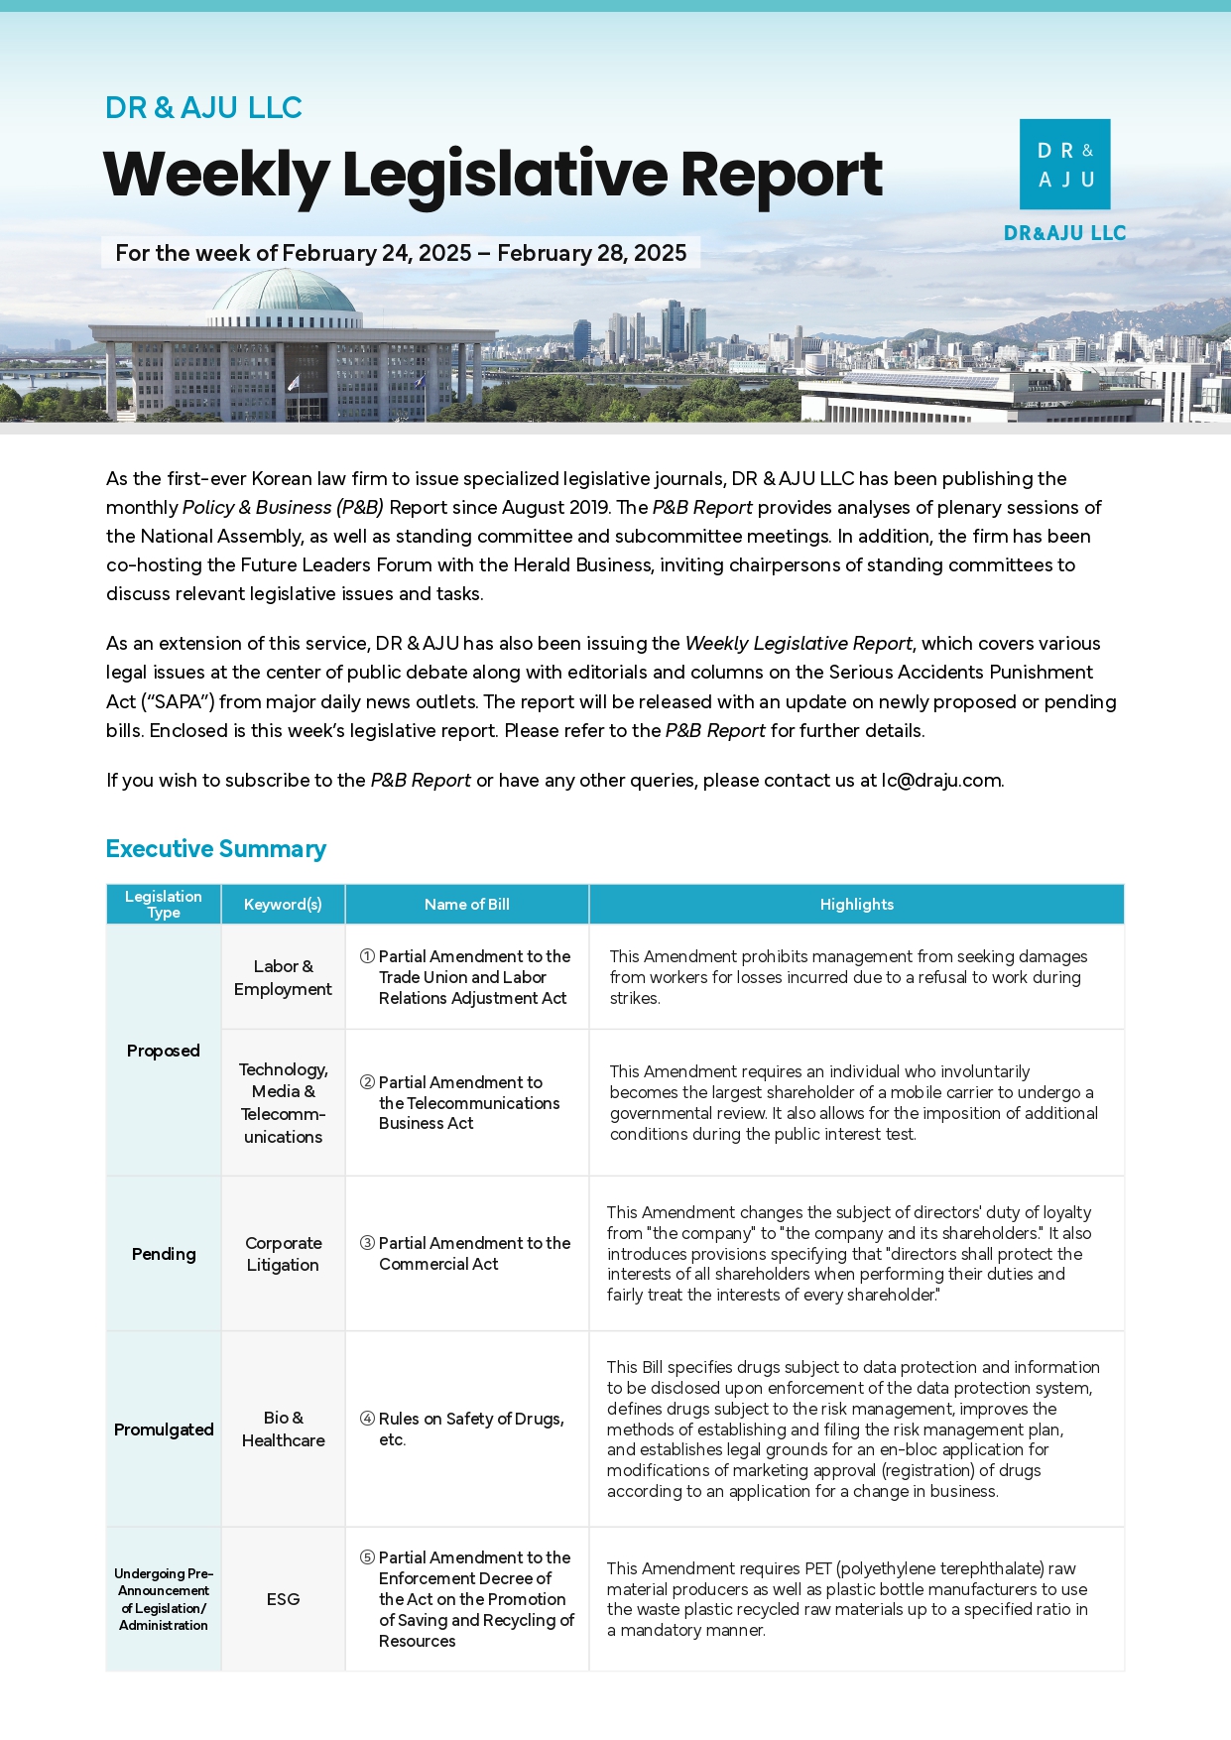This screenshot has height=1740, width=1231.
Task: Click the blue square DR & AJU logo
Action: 1064,164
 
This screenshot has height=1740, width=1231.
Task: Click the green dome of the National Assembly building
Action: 284,293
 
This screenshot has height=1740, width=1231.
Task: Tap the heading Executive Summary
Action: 215,849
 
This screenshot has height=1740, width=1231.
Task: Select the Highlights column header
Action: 856,905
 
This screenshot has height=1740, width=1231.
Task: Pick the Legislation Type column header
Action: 164,905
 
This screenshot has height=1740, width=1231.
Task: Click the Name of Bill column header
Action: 466,905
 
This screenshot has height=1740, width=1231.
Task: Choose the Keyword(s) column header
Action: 283,905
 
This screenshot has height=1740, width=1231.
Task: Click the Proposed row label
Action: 164,1051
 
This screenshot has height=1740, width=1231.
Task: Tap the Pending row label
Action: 164,1254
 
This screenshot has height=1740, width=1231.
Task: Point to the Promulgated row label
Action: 164,1429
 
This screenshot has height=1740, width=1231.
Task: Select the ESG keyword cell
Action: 283,1599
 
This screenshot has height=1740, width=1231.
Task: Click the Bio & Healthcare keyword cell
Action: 283,1429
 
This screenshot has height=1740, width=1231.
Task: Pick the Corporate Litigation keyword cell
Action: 283,1254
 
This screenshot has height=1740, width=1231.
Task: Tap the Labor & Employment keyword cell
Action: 283,977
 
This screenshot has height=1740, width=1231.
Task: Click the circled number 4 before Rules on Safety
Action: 367,1419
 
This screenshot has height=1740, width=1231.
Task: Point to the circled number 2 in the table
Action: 367,1082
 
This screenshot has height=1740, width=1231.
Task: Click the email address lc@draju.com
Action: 941,781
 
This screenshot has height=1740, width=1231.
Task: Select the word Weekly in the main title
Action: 216,176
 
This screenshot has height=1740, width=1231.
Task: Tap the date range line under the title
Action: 401,253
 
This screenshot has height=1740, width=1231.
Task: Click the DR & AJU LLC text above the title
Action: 203,107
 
